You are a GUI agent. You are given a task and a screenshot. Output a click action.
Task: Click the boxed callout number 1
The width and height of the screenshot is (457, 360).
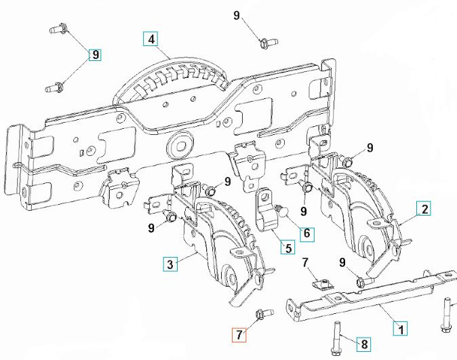[401, 329]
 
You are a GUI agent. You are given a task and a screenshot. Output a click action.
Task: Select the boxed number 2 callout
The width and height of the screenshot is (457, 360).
[423, 209]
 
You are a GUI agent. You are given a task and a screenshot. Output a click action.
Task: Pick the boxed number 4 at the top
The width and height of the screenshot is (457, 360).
[151, 39]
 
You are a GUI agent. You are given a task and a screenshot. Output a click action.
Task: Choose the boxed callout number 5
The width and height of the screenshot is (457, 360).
[289, 247]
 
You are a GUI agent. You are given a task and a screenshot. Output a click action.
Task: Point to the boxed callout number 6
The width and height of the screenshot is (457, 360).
[306, 233]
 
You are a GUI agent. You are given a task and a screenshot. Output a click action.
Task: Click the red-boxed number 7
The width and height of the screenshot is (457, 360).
[237, 334]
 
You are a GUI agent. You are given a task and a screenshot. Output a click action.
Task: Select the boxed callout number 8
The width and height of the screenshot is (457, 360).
[364, 344]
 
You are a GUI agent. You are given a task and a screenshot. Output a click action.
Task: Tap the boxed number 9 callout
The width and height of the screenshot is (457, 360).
[95, 54]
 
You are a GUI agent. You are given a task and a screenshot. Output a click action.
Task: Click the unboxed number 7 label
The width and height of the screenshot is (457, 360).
[304, 262]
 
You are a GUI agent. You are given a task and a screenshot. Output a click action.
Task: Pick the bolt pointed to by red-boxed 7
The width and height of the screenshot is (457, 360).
[262, 313]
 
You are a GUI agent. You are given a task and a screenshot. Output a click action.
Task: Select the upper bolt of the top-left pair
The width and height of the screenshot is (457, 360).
[57, 29]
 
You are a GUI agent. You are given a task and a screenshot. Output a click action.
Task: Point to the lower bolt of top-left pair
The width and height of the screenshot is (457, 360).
[56, 86]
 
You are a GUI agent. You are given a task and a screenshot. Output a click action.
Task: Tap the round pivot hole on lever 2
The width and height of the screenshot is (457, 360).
[369, 246]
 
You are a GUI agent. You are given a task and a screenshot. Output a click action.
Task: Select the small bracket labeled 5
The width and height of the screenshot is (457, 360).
[271, 212]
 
